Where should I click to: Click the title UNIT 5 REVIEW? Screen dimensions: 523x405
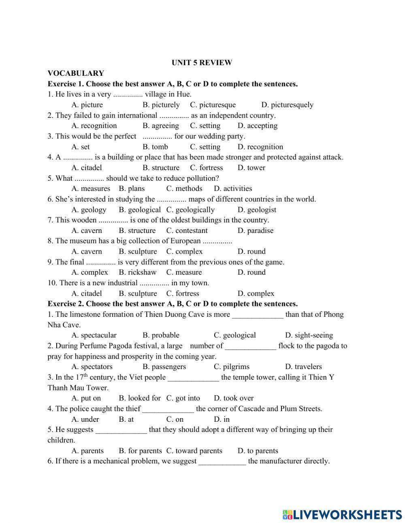click(x=202, y=63)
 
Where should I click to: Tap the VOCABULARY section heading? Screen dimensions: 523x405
click(x=76, y=73)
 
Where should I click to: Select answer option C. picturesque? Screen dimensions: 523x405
click(x=213, y=105)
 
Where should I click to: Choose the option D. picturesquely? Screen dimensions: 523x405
click(x=287, y=105)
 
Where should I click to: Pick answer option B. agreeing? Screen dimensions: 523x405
click(x=160, y=126)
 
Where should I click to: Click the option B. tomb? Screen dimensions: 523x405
click(x=155, y=147)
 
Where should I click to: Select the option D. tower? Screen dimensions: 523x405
click(x=251, y=168)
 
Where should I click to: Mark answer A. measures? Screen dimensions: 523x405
click(x=91, y=189)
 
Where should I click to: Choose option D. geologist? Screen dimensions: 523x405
click(x=257, y=210)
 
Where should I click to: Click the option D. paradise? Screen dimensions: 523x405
click(x=255, y=231)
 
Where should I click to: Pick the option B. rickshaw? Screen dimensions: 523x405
click(x=137, y=273)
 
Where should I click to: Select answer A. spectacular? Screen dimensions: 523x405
click(x=94, y=335)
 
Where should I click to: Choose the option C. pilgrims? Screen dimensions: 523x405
click(x=231, y=367)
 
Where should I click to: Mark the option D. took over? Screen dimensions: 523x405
click(x=233, y=398)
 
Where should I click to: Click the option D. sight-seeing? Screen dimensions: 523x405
click(x=309, y=335)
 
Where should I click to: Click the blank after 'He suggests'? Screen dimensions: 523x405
click(x=121, y=430)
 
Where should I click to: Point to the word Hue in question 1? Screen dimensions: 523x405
click(x=183, y=94)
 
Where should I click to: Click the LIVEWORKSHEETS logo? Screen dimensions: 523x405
click(x=342, y=514)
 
